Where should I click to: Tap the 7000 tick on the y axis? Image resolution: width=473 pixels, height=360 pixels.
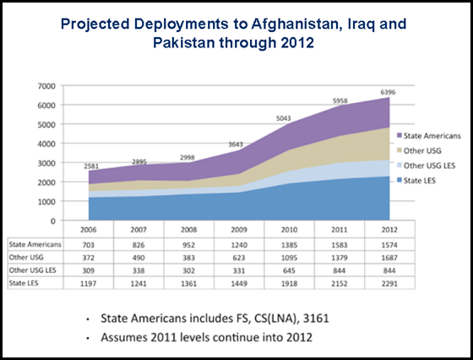(46, 86)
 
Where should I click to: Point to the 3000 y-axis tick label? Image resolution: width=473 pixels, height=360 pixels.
(46, 163)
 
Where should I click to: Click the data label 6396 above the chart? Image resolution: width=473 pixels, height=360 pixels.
(388, 92)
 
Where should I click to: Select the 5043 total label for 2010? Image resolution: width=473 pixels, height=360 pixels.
(284, 118)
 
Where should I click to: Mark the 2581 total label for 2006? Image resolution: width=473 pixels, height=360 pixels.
(91, 166)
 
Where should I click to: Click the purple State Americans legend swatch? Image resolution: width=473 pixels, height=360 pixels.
(400, 136)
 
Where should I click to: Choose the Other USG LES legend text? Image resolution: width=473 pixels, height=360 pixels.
(429, 166)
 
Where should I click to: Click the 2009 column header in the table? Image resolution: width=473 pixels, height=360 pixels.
(239, 230)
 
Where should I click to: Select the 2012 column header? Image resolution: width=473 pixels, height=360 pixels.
(389, 230)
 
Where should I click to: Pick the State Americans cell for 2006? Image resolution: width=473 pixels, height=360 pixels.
(89, 245)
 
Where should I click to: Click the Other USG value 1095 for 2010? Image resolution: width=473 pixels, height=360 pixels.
(289, 258)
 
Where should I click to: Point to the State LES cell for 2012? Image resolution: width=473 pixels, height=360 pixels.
(389, 284)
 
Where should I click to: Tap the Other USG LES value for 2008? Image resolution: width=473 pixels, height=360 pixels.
(189, 270)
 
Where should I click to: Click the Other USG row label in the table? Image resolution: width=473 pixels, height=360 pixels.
(26, 258)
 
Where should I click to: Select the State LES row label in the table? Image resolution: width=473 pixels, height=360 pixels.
(24, 283)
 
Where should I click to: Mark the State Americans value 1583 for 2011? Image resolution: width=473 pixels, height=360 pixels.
(340, 245)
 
